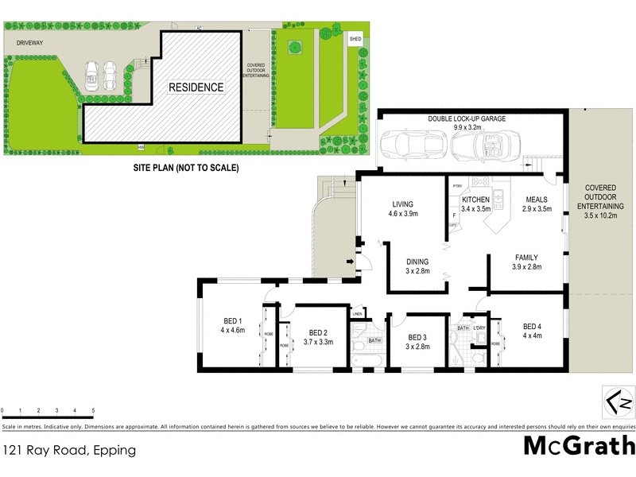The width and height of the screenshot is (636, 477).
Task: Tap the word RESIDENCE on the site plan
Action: click(195, 87)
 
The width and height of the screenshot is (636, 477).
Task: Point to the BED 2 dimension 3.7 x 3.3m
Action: click(319, 343)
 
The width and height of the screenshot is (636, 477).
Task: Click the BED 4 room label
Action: click(533, 326)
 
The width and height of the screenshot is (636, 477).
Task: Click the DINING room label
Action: click(417, 262)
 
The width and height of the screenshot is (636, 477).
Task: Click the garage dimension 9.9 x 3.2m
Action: click(467, 126)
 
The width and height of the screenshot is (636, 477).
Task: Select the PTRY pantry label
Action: click(457, 186)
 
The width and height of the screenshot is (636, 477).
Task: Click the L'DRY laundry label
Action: click(479, 328)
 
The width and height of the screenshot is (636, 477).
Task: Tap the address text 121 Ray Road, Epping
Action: click(68, 450)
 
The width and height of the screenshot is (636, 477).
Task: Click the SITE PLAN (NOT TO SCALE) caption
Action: click(185, 168)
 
